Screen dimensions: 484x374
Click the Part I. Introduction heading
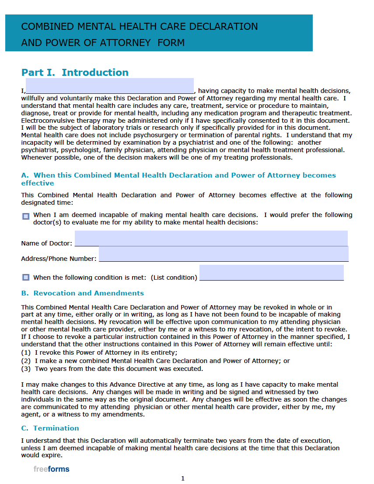pyautogui.click(x=75, y=73)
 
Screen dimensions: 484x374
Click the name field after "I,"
pyautogui.click(x=109, y=86)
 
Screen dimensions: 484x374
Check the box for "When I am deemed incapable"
pyautogui.click(x=26, y=216)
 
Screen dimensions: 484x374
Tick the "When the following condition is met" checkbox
pyautogui.click(x=26, y=278)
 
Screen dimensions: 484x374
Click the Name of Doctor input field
pyautogui.click(x=211, y=238)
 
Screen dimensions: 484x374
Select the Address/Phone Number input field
pyautogui.click(x=223, y=254)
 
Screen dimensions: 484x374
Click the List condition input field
pyautogui.click(x=271, y=272)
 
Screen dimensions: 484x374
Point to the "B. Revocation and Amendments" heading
pyautogui.click(x=82, y=293)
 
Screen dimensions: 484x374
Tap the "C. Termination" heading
pyautogui.click(x=50, y=428)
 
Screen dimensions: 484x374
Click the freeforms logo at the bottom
pyautogui.click(x=51, y=469)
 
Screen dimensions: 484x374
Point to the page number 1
pyautogui.click(x=183, y=478)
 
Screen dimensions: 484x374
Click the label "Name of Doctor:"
pyautogui.click(x=46, y=243)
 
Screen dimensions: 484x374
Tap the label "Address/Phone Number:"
pyautogui.click(x=59, y=259)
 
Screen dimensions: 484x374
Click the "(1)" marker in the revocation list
pyautogui.click(x=26, y=353)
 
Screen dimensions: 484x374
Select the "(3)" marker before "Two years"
pyautogui.click(x=26, y=369)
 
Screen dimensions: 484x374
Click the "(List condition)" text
pyautogui.click(x=174, y=278)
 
